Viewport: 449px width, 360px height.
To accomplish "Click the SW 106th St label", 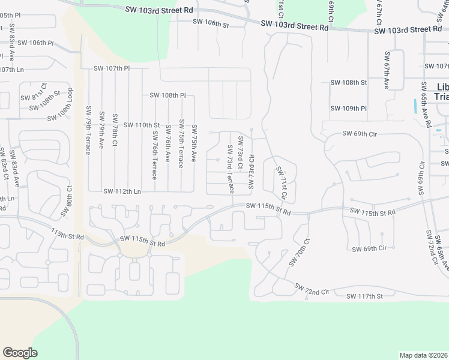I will pyautogui.click(x=211, y=23).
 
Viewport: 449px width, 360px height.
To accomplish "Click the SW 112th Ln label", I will pyautogui.click(x=122, y=191).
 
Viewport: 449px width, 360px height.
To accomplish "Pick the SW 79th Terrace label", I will pyautogui.click(x=88, y=130).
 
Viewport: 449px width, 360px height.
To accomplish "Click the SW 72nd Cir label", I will pyautogui.click(x=312, y=290).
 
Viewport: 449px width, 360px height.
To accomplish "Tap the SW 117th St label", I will pyautogui.click(x=364, y=296).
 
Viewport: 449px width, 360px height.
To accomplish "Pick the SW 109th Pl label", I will pyautogui.click(x=349, y=109).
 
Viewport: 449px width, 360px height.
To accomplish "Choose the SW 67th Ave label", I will pyautogui.click(x=387, y=69).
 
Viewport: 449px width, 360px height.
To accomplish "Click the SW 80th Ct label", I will pyautogui.click(x=65, y=201).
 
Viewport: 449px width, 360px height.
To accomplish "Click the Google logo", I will pyautogui.click(x=19, y=353).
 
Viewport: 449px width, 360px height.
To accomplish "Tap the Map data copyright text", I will pyautogui.click(x=423, y=355).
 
